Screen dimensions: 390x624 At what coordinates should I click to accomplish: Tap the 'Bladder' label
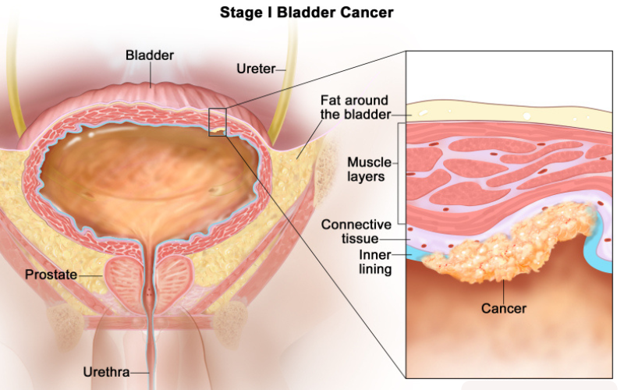click(x=150, y=55)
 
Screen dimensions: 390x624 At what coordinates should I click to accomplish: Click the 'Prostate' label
click(x=50, y=275)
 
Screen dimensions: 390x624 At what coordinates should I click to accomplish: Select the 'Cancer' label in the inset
click(x=503, y=308)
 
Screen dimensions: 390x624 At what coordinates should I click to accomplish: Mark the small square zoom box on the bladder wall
click(x=217, y=122)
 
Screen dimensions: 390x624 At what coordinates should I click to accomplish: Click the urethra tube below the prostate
click(x=150, y=343)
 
